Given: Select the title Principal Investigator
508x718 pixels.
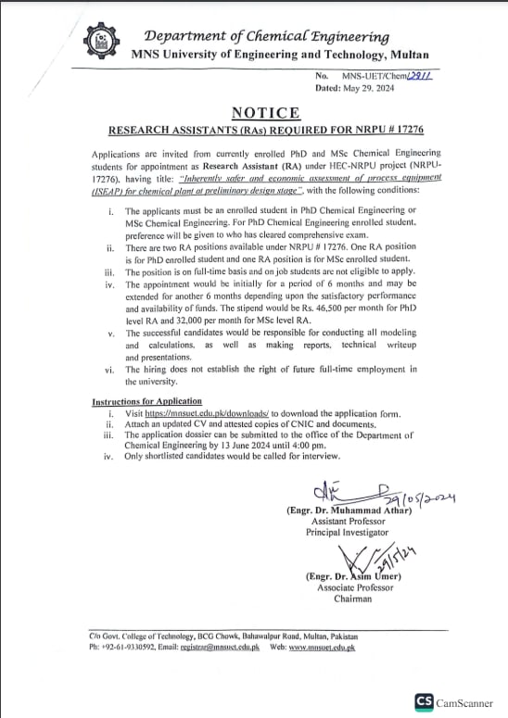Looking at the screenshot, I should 348,533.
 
